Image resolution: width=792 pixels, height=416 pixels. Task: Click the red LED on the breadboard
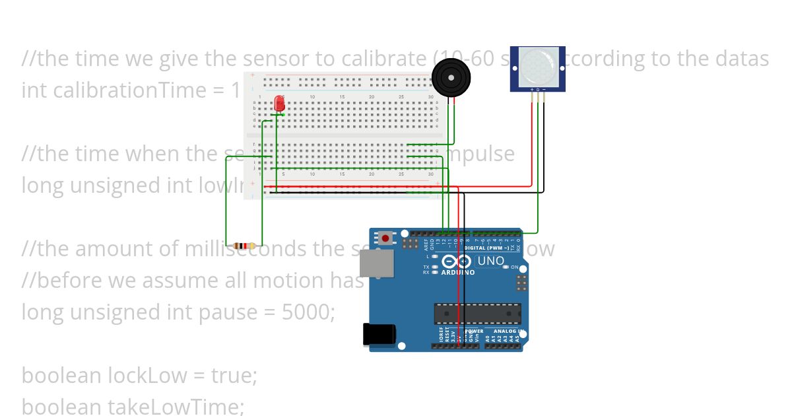coord(280,104)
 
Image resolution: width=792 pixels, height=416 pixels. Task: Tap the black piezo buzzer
coord(451,77)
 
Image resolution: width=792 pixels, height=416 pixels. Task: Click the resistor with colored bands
coord(244,246)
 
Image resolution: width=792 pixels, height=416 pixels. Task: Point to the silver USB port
coord(376,263)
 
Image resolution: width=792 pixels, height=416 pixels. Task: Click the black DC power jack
coord(379,335)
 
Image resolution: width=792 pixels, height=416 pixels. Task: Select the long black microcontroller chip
coord(477,314)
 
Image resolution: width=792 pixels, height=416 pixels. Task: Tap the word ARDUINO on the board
coord(457,272)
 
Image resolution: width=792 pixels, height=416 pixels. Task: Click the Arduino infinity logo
coord(456,261)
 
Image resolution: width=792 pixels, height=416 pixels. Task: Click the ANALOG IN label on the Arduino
coord(508,331)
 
